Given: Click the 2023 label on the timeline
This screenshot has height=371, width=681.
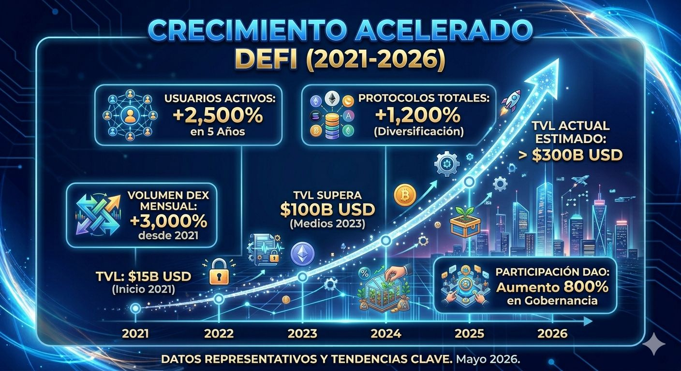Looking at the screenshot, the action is (302, 334).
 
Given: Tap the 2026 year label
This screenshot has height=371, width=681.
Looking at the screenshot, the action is (552, 334).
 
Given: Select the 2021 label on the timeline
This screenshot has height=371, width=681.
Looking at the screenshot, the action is (135, 334).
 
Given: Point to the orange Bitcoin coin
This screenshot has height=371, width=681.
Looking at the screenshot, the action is (405, 195).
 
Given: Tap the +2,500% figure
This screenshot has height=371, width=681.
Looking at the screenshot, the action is (218, 115).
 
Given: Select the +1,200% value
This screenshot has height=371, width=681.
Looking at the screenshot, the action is (418, 115).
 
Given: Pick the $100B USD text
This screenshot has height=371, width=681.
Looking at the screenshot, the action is (327, 210).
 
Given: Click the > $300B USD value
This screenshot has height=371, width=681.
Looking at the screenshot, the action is (570, 155).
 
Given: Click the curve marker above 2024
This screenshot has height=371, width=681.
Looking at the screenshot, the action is (386, 241).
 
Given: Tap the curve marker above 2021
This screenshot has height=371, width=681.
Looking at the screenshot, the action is (135, 309).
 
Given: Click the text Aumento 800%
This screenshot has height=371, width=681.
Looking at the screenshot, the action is (552, 287).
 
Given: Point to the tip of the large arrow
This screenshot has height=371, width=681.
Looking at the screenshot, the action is (558, 58).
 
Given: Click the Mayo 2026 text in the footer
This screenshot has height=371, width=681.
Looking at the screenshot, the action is (488, 359).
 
